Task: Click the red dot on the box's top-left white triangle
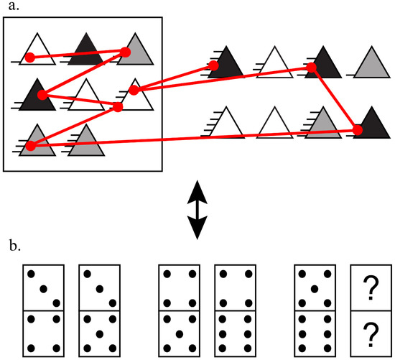29,57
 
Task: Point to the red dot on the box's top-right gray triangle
125,52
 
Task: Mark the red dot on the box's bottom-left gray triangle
29,147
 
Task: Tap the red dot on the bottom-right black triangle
358,130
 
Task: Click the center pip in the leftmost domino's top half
43,288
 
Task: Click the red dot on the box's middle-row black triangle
42,95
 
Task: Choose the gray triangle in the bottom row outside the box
325,124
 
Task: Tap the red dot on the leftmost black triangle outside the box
213,66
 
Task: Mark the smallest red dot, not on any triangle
118,108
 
